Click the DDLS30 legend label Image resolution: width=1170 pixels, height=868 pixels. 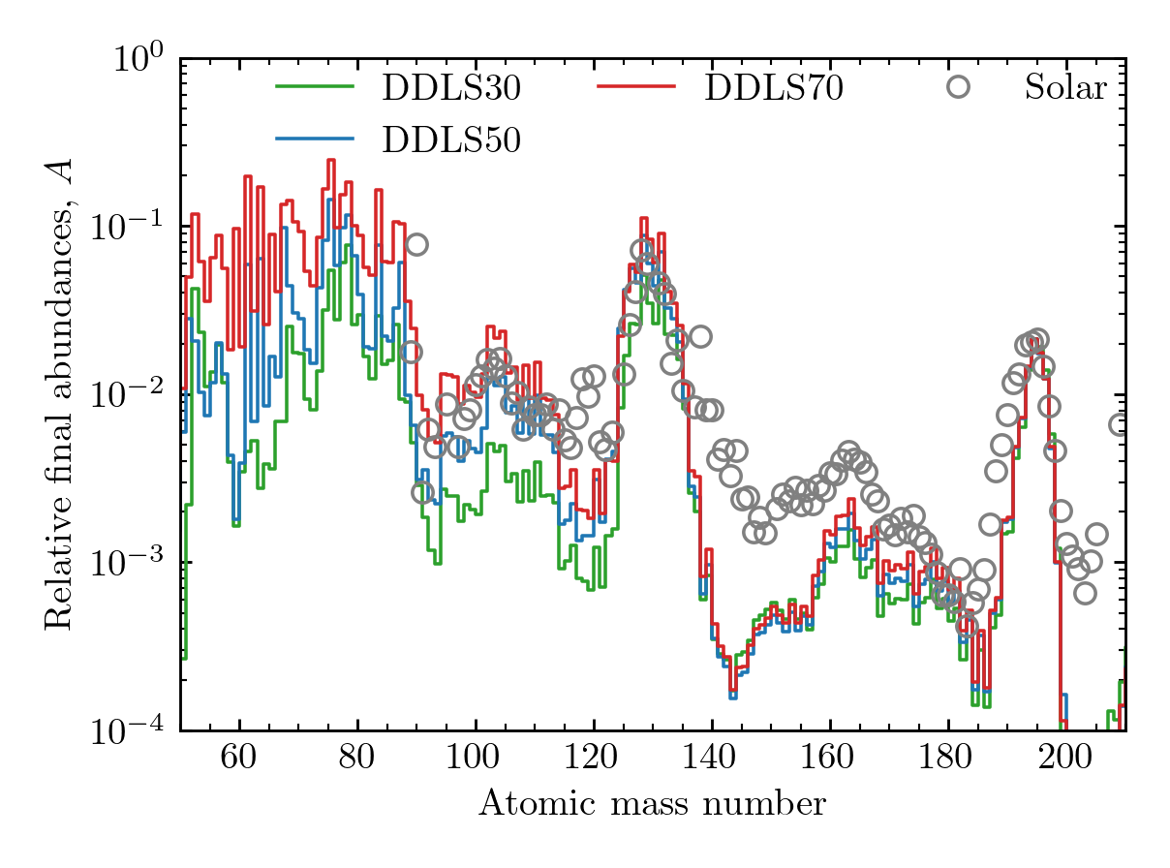(x=452, y=88)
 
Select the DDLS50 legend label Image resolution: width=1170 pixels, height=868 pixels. (x=452, y=140)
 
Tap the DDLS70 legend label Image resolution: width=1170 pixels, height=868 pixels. (x=774, y=88)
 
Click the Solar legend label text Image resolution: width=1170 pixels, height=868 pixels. (x=1065, y=88)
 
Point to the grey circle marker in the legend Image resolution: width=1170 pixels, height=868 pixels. (x=958, y=87)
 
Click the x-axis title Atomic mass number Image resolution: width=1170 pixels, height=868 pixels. (x=652, y=804)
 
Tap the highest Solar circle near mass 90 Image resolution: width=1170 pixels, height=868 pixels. (x=416, y=244)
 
